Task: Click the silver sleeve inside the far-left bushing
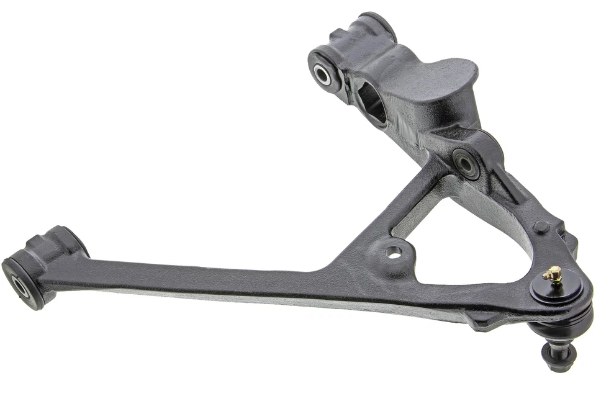20,286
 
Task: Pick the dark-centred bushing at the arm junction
465,163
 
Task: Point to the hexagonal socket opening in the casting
371,101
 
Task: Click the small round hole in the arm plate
393,251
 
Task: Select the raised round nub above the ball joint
540,227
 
